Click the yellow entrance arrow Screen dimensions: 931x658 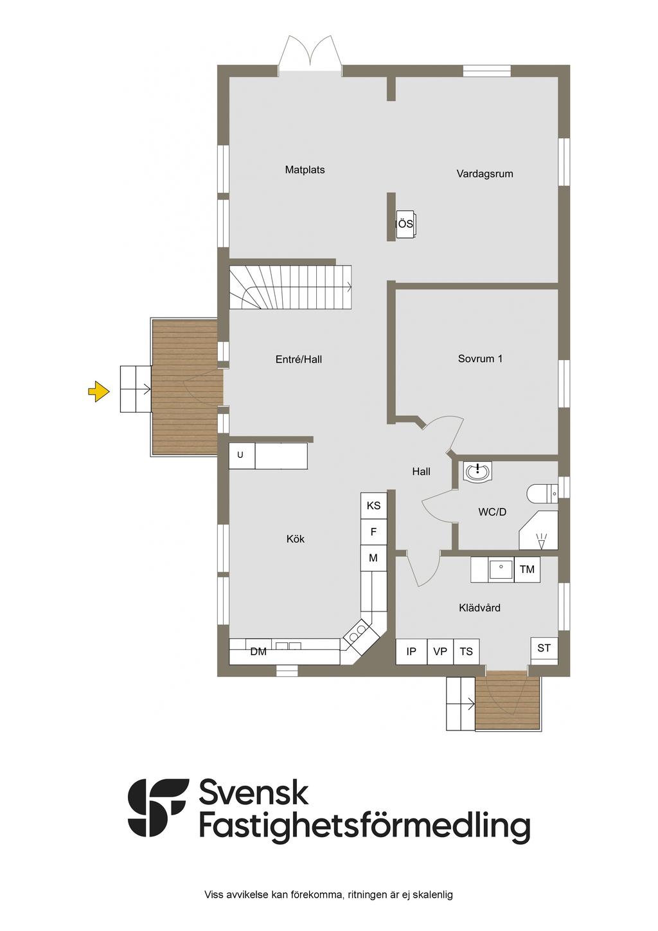[x=98, y=391]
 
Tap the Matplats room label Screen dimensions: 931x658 [x=305, y=170]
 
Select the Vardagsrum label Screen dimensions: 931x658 [x=485, y=174]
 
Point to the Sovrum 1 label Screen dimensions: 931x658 [x=480, y=359]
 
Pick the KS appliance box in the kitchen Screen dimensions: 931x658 [x=373, y=506]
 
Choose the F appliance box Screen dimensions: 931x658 [x=373, y=532]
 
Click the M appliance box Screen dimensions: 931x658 [x=373, y=558]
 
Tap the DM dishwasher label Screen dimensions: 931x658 [x=258, y=652]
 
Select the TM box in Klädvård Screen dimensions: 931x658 [x=527, y=570]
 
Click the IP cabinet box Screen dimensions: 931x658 [x=411, y=651]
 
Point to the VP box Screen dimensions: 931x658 [x=440, y=651]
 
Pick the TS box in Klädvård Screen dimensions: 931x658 [x=467, y=651]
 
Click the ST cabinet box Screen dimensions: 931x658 [x=544, y=648]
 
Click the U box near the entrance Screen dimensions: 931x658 [x=241, y=455]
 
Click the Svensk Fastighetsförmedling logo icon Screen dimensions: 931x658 [x=158, y=808]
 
